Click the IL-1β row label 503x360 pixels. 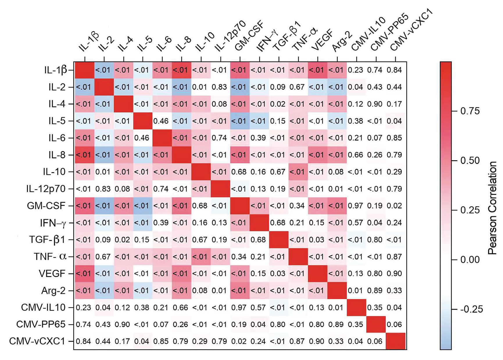coord(56,70)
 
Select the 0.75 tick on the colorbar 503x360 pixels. coord(454,111)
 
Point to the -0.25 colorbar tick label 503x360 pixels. coord(471,309)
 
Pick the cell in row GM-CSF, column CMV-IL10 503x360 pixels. coord(355,206)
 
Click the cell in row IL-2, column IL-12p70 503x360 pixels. coord(219,87)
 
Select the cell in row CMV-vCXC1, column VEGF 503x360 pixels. coord(316,341)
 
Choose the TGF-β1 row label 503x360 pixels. coord(47,240)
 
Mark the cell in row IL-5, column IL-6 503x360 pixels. coord(161,121)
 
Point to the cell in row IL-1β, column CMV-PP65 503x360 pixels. coord(375,70)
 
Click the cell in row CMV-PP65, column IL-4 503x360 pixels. coord(122,325)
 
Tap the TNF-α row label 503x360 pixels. coord(50,257)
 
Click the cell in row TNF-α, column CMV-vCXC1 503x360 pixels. coord(394,257)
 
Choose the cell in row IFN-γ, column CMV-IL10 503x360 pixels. coord(355,223)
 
